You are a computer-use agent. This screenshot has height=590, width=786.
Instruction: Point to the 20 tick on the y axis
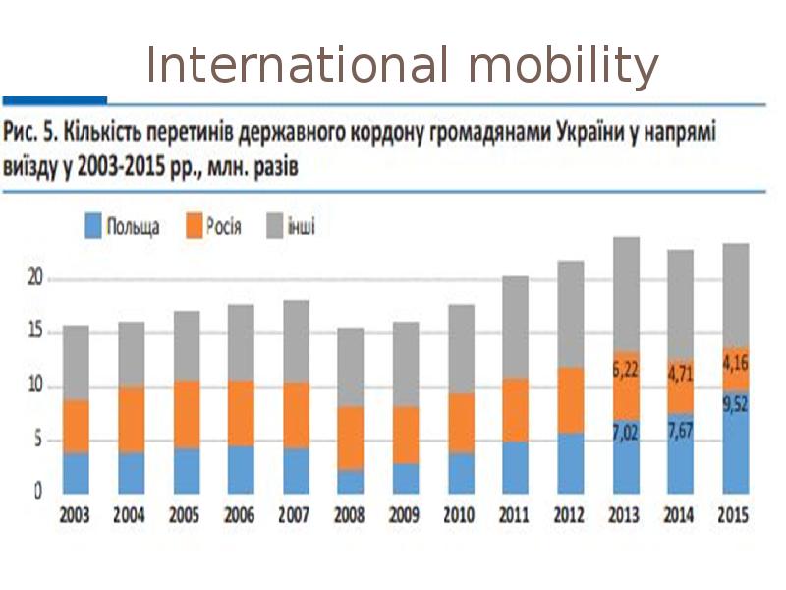[34, 279]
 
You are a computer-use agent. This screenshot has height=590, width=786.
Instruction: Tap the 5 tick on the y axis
[38, 441]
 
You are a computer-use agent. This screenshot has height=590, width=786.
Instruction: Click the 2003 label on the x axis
[76, 514]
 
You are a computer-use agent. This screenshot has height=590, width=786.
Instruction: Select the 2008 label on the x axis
[351, 514]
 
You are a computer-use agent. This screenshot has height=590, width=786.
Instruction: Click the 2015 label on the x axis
[736, 514]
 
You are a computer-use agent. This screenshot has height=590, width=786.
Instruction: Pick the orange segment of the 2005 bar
[186, 414]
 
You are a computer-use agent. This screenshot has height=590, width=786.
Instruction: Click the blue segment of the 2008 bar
[351, 481]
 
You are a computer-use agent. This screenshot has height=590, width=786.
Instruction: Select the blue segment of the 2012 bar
[571, 462]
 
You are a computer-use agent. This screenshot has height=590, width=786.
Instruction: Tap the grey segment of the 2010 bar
[461, 348]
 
